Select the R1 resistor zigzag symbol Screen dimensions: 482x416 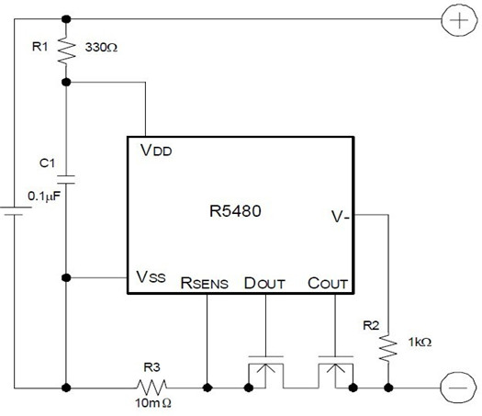tap(66, 51)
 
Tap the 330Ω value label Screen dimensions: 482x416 tap(101, 48)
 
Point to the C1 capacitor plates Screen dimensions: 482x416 tap(66, 180)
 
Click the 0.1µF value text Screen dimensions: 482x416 tap(44, 197)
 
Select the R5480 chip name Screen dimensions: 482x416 tap(235, 211)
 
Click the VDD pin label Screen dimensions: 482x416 tap(156, 151)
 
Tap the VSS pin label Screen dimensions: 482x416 tap(151, 276)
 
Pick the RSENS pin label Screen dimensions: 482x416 tap(205, 283)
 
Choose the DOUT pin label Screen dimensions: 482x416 tap(264, 283)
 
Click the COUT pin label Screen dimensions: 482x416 tap(328, 283)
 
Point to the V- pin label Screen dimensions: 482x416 tap(341, 217)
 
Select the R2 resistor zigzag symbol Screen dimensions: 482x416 tap(388, 348)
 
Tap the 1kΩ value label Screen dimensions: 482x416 tap(420, 342)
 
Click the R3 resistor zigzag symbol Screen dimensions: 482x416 tap(152, 388)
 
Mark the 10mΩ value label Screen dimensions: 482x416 tap(153, 403)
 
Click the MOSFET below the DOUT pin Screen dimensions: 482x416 tap(266, 372)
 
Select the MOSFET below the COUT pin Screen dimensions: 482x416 tap(335, 372)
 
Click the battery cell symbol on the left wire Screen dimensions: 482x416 tap(15, 211)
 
